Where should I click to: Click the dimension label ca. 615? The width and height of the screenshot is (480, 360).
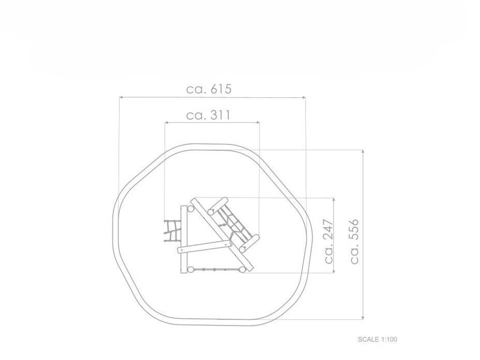tap(209, 89)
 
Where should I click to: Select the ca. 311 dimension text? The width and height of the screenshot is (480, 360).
tap(208, 115)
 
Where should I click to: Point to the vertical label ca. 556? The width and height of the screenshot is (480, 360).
tap(354, 241)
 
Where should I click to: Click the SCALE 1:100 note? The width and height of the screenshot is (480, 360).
tap(377, 339)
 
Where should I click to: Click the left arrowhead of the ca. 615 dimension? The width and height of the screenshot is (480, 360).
tap(121, 97)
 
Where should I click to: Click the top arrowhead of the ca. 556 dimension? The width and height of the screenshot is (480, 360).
tap(363, 152)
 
